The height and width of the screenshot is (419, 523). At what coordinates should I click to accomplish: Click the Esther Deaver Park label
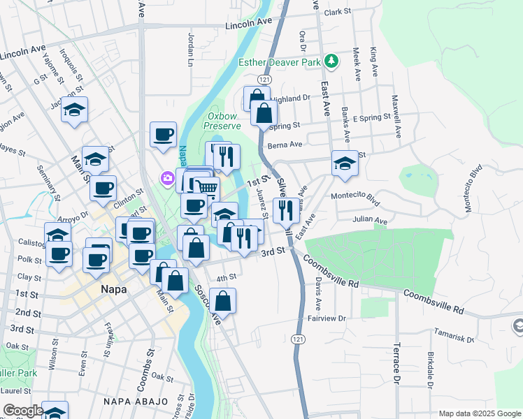pos(280,61)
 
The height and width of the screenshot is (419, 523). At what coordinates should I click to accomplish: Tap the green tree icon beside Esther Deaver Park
pos(331,61)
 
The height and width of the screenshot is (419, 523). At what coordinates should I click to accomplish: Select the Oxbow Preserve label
pos(222,121)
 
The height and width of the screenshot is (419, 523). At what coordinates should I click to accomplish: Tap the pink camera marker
pos(168,178)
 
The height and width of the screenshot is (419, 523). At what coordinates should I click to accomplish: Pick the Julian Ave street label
pos(371,221)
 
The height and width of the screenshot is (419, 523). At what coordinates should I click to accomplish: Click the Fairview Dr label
pos(327,318)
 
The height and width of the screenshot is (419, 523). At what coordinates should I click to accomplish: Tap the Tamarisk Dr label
pos(454,335)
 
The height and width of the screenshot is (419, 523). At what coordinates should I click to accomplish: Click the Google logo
pos(22,411)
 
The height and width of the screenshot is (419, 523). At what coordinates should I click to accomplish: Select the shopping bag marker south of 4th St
pos(223,302)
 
